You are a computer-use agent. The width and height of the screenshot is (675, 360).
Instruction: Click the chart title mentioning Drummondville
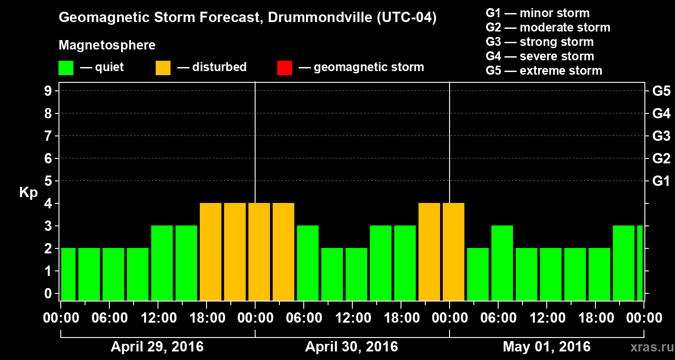click(x=247, y=18)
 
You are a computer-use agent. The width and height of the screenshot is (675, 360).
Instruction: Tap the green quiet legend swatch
click(x=66, y=68)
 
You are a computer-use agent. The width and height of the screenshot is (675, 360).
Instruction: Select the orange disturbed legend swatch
click(x=163, y=68)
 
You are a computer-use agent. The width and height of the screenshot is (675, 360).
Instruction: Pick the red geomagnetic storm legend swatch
click(x=284, y=68)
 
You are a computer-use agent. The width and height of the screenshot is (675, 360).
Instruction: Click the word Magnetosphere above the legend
click(x=107, y=45)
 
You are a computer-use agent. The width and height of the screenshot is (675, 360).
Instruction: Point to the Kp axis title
click(x=28, y=193)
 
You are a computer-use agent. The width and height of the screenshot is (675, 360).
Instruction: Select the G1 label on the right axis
click(x=661, y=181)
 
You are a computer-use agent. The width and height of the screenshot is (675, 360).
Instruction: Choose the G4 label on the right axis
click(x=661, y=113)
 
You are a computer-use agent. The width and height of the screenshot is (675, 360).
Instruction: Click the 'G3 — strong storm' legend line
click(x=540, y=42)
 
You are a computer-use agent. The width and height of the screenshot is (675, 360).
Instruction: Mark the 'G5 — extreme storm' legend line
click(x=544, y=71)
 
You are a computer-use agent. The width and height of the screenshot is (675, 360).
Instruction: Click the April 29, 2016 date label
click(x=157, y=347)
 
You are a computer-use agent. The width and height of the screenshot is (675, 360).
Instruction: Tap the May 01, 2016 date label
click(x=546, y=347)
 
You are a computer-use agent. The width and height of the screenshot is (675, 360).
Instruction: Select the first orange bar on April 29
click(x=211, y=252)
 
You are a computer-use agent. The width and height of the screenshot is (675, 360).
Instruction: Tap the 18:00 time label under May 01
click(x=596, y=318)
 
